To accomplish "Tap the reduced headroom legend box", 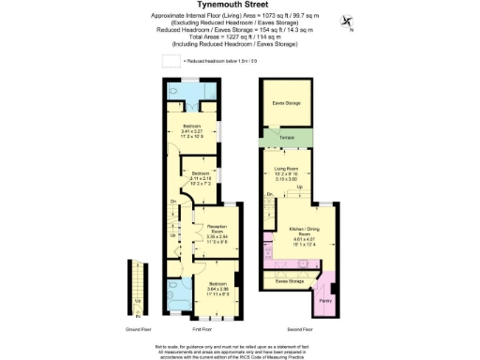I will (x=172, y=60).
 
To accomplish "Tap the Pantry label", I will (x=325, y=301).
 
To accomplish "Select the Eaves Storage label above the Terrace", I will (x=285, y=103).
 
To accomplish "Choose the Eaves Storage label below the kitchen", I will (x=289, y=279).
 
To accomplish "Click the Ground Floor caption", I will (x=139, y=329).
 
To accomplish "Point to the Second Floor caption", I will (x=298, y=329).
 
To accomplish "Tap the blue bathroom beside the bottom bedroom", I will (x=176, y=294).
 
